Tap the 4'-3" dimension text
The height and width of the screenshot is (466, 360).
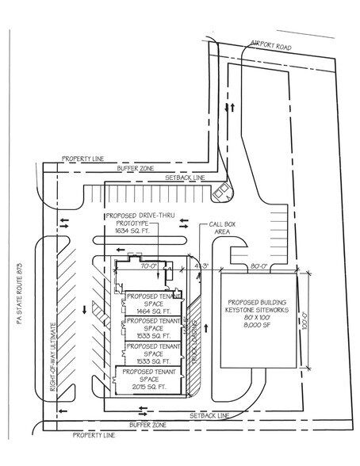(x=197, y=266)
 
